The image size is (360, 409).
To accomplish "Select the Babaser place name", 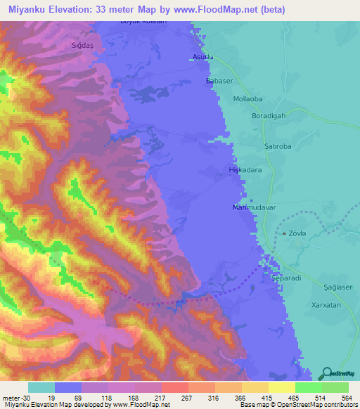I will click(219, 82).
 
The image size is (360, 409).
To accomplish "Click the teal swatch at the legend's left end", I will click(41, 387).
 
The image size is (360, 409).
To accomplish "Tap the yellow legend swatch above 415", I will click(282, 387).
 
